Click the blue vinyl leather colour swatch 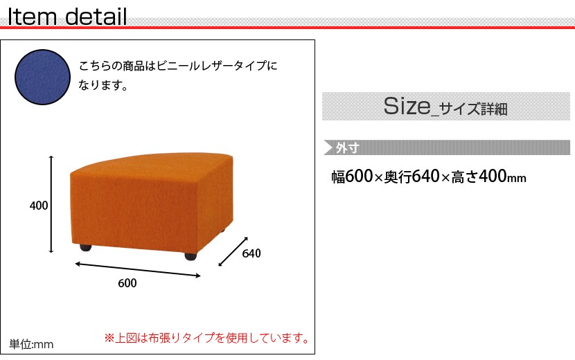point(42,78)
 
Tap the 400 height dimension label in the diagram point(39,206)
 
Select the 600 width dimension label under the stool point(127,283)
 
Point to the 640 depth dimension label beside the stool point(251,253)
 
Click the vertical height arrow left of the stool point(51,204)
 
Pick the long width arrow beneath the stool point(138,269)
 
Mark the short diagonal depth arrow point(233,251)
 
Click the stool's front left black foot point(85,248)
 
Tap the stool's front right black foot point(191,256)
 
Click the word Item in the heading point(32,17)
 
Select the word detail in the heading point(96,17)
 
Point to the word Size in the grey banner point(407,106)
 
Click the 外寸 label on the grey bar point(347,147)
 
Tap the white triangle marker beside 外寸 point(328,147)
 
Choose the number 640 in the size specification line point(426,177)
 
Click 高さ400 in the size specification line point(479,177)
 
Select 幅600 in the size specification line point(352,177)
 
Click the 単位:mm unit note point(31,344)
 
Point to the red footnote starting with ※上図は point(207,338)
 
